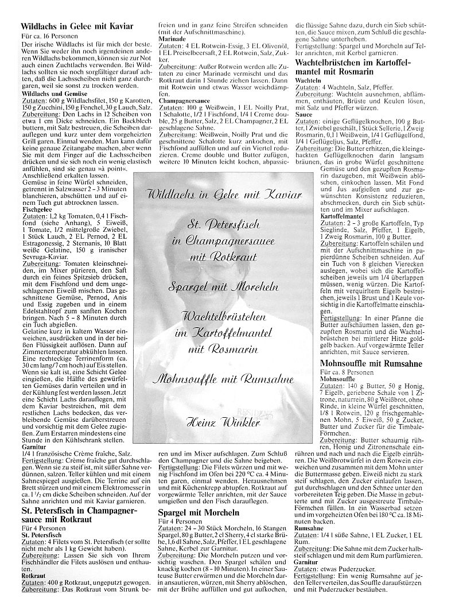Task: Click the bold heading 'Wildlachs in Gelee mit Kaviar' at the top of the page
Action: [x=77, y=26]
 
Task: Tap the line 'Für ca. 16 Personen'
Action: [x=47, y=36]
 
